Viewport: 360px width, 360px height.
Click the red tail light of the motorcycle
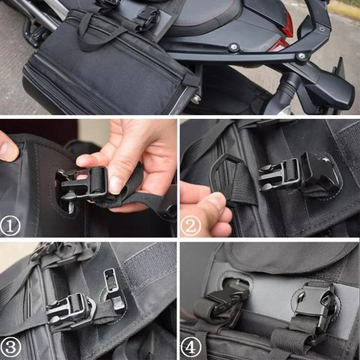287,25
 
